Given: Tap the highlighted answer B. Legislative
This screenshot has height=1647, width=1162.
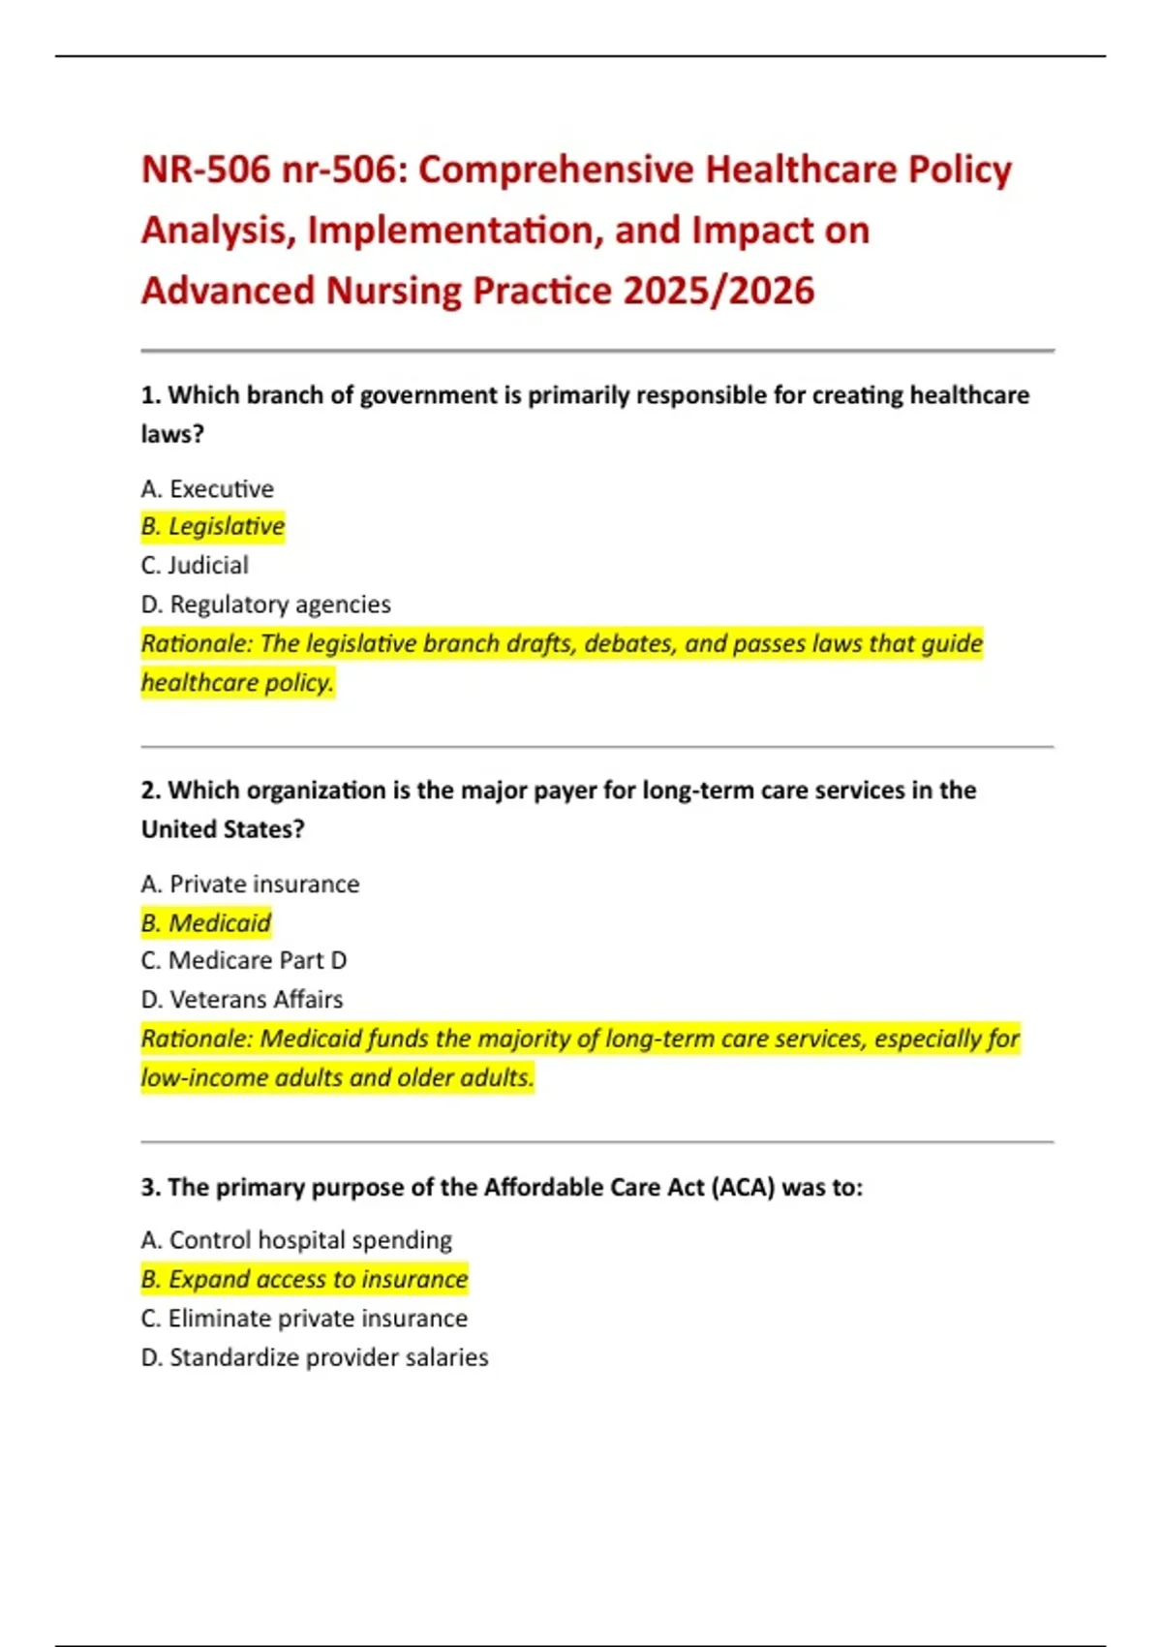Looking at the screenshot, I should coord(213,526).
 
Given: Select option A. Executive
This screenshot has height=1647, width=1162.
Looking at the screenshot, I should coord(207,488).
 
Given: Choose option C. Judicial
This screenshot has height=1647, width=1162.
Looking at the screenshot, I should coord(195,565).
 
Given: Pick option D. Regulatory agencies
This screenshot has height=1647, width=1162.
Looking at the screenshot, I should coord(266,605).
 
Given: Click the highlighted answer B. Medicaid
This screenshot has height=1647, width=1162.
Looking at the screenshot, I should coord(206,922).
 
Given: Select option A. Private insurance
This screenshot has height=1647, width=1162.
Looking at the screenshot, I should coord(250,884).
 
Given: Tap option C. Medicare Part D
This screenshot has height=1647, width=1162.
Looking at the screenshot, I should coord(244,960).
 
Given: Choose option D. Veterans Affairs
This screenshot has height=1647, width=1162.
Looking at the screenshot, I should coord(242,999).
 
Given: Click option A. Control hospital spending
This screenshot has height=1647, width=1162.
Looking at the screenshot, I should coord(296,1240).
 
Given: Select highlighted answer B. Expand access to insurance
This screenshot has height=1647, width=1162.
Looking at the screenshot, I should coord(304,1279).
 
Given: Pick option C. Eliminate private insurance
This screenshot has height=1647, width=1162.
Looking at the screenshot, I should coord(304,1319).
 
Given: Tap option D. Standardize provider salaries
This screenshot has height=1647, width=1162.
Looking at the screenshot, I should coord(315,1357).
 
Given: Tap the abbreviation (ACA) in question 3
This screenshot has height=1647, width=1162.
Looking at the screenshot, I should coord(743,1187).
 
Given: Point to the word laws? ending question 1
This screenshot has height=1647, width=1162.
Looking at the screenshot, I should coord(172,434).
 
